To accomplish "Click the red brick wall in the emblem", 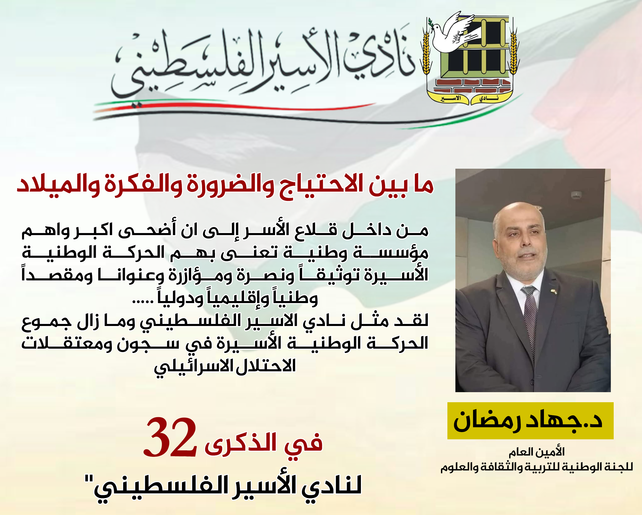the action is [x=473, y=86].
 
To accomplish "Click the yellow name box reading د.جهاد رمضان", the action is [x=530, y=420].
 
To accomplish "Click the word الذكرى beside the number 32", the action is [x=241, y=443].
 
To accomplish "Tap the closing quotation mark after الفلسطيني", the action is [x=89, y=479].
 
